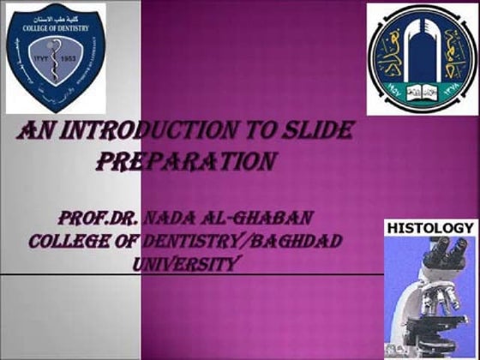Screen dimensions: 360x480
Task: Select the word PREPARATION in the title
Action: (x=186, y=161)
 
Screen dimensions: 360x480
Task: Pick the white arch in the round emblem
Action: (x=423, y=51)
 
